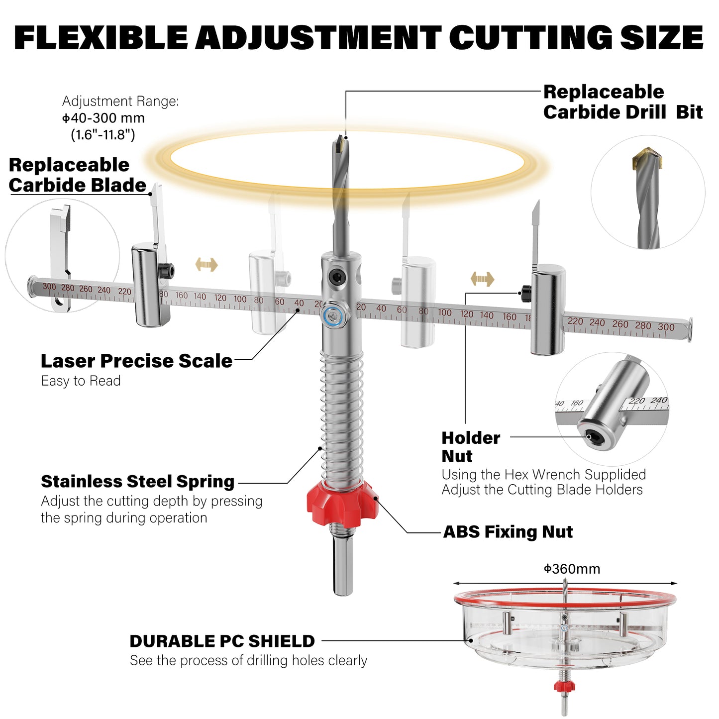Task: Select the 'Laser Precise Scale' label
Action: (136, 361)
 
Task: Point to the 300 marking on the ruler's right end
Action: (666, 327)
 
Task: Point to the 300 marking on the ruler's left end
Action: (49, 287)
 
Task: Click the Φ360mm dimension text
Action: (572, 569)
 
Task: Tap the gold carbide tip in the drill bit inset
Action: (648, 159)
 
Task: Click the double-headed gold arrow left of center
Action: (206, 264)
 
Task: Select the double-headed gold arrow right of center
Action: (482, 279)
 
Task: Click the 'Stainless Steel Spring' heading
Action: (137, 482)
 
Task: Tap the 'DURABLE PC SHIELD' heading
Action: (222, 641)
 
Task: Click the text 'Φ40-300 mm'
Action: (103, 118)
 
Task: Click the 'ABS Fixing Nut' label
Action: (508, 532)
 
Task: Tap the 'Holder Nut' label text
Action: (470, 447)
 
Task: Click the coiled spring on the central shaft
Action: (342, 418)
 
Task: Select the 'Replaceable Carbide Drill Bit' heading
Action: (622, 102)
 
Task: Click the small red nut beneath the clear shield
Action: (564, 686)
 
